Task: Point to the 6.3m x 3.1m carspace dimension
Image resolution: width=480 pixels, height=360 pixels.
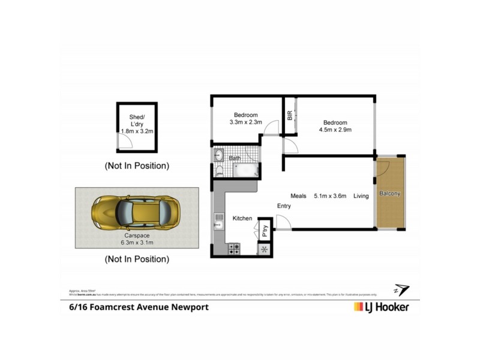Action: tap(137, 243)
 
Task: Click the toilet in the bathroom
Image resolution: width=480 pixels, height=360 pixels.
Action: tap(218, 171)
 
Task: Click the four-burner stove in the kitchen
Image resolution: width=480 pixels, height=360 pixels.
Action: tap(235, 247)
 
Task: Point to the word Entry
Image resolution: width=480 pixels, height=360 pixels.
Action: tap(284, 206)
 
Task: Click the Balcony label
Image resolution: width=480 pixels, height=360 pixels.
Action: tap(389, 194)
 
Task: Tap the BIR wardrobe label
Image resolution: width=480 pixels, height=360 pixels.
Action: tap(290, 115)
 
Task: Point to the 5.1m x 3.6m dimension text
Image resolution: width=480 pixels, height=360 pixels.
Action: tap(331, 196)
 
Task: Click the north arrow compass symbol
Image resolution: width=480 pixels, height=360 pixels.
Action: tap(401, 290)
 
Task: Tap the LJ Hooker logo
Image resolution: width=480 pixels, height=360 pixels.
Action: tap(379, 307)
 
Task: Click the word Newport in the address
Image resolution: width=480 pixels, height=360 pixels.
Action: tap(189, 307)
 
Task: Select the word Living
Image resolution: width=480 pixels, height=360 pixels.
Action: tap(361, 196)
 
